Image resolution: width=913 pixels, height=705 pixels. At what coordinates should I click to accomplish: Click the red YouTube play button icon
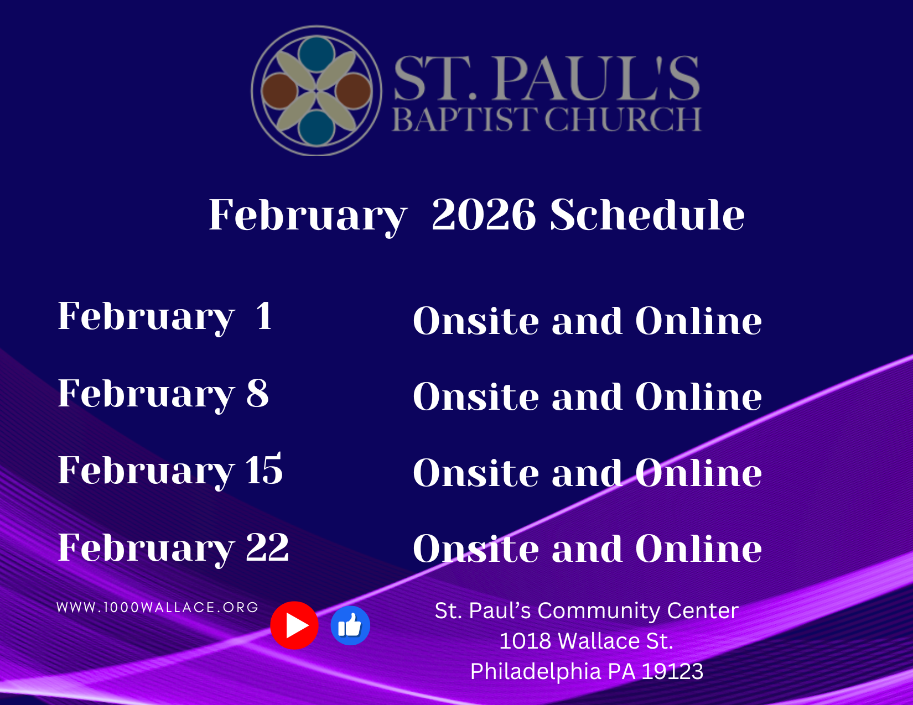click(294, 625)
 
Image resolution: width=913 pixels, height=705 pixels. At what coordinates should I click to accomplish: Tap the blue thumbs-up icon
click(350, 625)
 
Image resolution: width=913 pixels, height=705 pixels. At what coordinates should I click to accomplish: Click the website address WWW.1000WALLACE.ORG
click(158, 608)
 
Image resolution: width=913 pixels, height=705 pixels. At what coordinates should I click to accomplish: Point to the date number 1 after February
click(264, 315)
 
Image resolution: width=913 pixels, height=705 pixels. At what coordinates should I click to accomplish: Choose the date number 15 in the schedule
click(264, 469)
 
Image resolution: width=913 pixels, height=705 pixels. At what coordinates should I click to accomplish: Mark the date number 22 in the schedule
click(267, 547)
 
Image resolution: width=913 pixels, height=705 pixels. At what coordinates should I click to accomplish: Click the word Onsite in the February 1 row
click(476, 320)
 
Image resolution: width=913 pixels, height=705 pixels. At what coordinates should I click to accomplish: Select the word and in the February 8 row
click(587, 396)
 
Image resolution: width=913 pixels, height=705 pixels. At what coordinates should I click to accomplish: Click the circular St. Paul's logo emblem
click(317, 91)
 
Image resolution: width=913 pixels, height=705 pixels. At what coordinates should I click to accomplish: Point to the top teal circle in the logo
click(317, 54)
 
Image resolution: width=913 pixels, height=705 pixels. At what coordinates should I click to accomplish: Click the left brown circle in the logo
click(279, 91)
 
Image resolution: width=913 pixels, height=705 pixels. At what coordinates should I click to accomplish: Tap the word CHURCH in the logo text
click(623, 119)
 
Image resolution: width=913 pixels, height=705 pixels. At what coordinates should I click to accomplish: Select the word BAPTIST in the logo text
click(465, 119)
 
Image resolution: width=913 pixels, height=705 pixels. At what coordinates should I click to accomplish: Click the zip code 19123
click(672, 671)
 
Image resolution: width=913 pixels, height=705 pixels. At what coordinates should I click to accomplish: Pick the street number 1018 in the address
click(526, 641)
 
